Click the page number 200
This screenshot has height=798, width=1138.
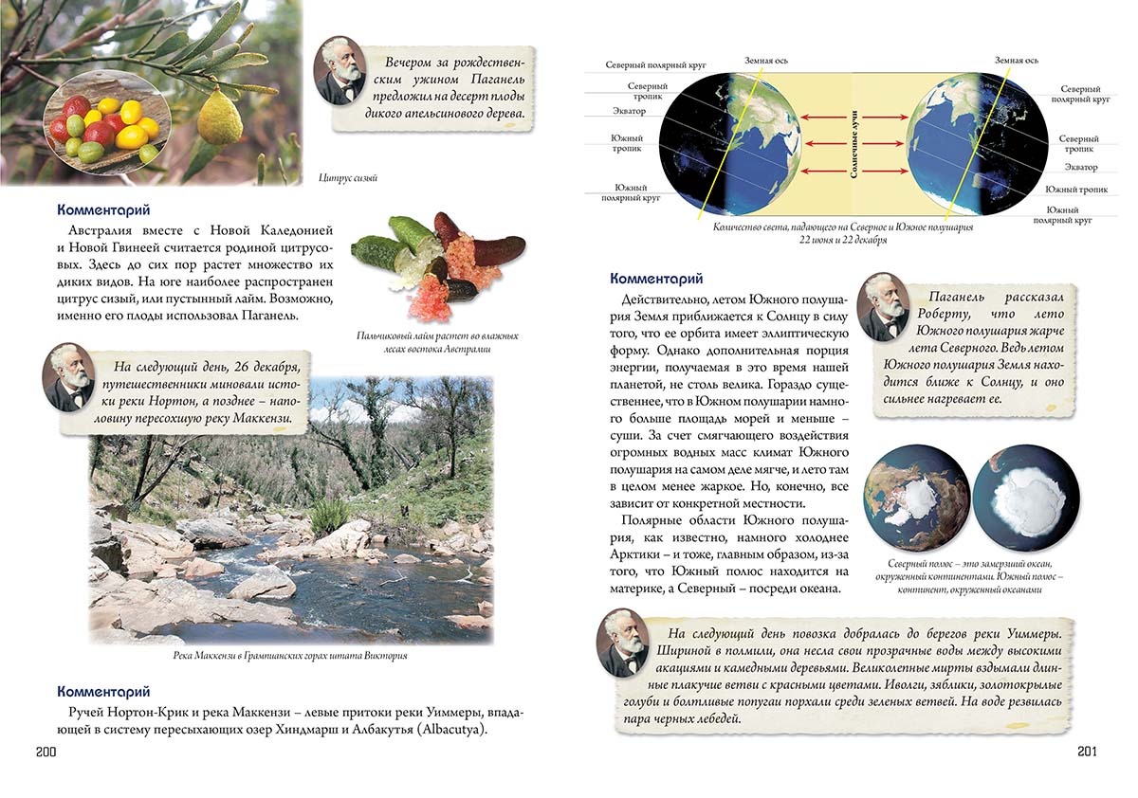click(x=47, y=752)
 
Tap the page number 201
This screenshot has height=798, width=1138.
click(x=1087, y=752)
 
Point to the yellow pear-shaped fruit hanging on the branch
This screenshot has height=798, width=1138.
click(x=220, y=118)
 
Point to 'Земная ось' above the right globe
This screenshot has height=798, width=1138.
click(x=1016, y=61)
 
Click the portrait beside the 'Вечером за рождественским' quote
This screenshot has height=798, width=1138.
click(x=339, y=71)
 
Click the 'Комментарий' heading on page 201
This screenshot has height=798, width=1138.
click(x=656, y=279)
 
